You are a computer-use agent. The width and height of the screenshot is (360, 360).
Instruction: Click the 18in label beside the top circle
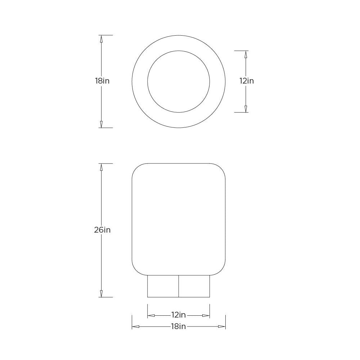(102, 81)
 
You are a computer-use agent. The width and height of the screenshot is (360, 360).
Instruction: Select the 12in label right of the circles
(247, 81)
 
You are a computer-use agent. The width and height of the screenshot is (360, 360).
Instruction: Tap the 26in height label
(102, 230)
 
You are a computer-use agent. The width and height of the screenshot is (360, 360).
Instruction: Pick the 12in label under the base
(179, 315)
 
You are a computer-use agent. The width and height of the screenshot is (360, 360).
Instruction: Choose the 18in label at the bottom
(179, 326)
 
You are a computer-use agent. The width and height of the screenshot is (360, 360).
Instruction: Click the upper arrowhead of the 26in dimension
(101, 167)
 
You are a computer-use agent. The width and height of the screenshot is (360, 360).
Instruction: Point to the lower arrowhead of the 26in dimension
(101, 294)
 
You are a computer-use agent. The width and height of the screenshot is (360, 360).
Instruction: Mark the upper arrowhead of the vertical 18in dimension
(101, 39)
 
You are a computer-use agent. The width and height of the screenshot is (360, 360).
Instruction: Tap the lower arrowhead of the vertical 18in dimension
(101, 124)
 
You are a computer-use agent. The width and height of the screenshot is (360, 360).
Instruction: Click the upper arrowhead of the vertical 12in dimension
(246, 54)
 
